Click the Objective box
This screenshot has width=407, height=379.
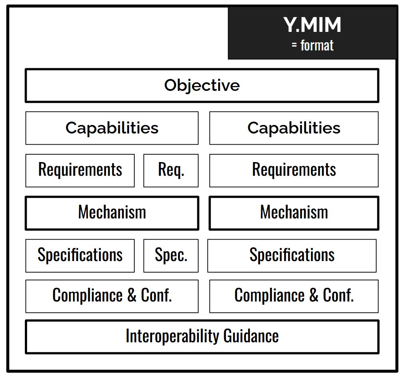202,86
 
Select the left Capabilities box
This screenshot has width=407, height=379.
112,128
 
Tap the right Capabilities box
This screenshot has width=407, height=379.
294,128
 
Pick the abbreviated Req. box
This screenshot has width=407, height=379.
171,171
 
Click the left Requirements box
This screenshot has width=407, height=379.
80,171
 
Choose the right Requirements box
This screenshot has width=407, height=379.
294,171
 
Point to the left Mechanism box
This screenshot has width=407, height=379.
112,213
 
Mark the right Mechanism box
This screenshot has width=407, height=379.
294,213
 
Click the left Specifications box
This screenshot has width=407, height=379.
80,256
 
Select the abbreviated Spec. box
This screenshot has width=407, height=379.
171,256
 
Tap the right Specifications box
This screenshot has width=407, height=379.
292,256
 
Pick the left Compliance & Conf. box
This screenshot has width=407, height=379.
112,296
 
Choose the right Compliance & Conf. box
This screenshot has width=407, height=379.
294,296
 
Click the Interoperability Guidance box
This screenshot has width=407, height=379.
202,337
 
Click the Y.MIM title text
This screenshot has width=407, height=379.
312,25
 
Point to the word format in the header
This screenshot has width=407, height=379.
317,46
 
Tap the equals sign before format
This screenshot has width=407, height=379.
294,45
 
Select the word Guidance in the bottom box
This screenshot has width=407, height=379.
251,336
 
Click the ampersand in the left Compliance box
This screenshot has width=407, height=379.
132,295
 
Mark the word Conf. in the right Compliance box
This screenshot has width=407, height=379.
338,295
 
